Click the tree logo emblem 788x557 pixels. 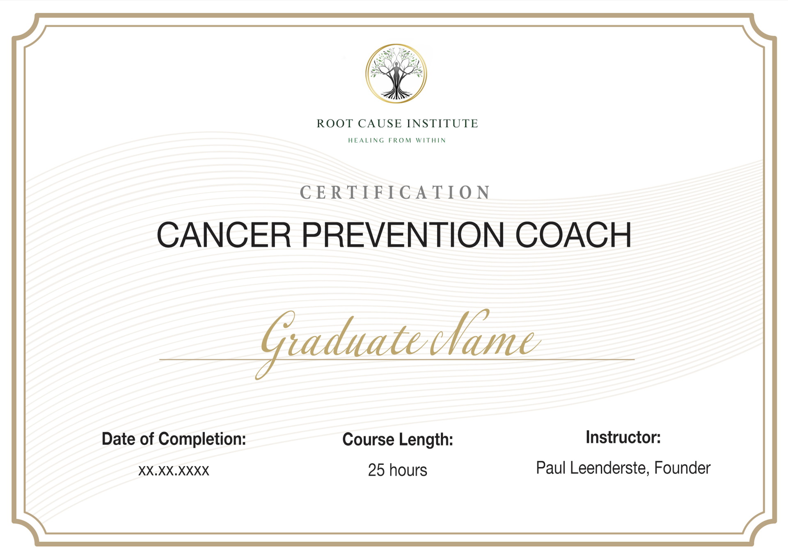point(396,73)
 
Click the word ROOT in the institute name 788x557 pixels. point(335,124)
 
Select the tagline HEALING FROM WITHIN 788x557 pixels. point(397,140)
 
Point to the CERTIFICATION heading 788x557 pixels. point(396,193)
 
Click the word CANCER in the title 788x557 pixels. point(224,235)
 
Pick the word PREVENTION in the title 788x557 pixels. point(403,235)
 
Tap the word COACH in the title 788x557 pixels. point(573,235)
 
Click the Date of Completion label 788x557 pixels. point(174,439)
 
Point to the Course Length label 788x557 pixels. point(398,440)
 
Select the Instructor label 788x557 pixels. point(623,438)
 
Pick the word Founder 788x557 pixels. point(682,468)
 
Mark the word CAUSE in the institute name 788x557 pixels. point(380,124)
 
